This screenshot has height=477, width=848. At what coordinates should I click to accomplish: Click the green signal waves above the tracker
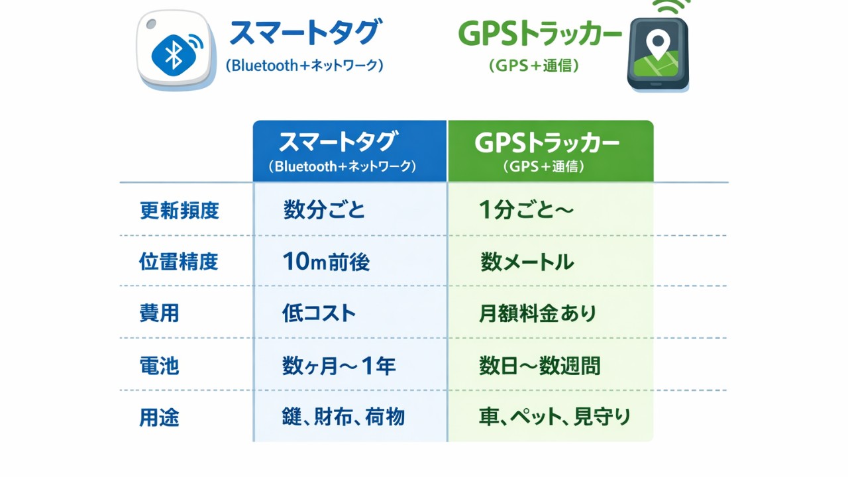click(671, 7)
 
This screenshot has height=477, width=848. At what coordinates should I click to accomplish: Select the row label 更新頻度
click(179, 211)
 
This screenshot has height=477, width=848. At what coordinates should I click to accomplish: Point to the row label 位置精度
click(179, 262)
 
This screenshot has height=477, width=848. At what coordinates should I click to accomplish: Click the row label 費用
click(159, 313)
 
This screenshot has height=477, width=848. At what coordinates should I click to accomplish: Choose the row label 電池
click(159, 366)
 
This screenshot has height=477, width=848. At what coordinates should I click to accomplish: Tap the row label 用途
click(159, 417)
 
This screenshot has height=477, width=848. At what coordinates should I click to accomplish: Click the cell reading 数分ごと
click(324, 211)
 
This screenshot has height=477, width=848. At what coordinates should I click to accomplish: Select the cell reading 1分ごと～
click(526, 211)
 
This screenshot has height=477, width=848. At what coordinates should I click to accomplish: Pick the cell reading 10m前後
click(326, 262)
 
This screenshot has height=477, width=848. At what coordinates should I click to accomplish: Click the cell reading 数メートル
click(527, 262)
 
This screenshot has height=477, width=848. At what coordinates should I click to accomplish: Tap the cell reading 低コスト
click(319, 313)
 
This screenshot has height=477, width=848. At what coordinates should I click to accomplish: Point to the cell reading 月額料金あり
click(537, 313)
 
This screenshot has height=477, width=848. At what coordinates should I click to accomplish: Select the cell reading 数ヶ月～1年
click(339, 366)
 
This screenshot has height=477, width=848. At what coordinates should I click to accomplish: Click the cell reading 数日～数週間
click(539, 366)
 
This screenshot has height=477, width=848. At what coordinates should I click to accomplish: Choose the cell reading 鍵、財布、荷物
click(343, 417)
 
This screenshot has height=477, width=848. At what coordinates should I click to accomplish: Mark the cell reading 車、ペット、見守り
click(555, 417)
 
